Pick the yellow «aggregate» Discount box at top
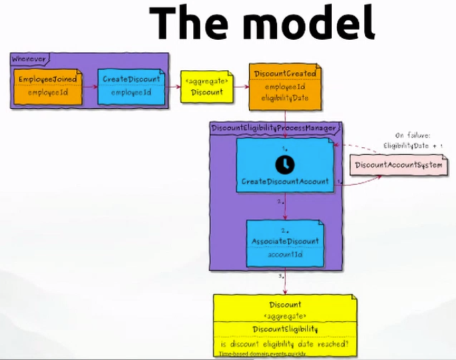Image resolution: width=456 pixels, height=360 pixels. (207, 88)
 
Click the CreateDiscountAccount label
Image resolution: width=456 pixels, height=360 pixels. (284, 181)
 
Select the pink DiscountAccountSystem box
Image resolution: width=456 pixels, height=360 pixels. (399, 164)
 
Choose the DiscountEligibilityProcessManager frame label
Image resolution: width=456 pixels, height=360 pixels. (274, 127)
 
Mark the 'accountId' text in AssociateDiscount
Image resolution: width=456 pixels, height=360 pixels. (285, 254)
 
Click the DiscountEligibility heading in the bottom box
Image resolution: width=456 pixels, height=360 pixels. (284, 329)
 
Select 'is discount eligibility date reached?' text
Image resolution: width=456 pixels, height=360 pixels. (284, 344)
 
